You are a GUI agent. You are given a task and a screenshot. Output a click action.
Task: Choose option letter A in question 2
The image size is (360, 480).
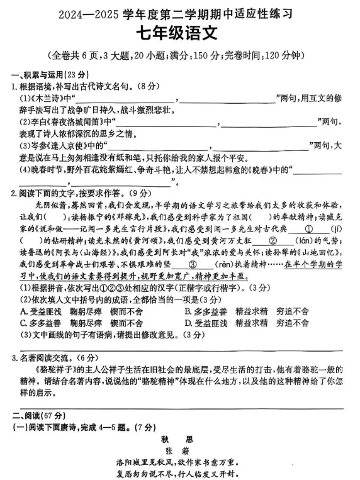click(23, 311)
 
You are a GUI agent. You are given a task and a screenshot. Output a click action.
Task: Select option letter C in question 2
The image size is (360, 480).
click(23, 323)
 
